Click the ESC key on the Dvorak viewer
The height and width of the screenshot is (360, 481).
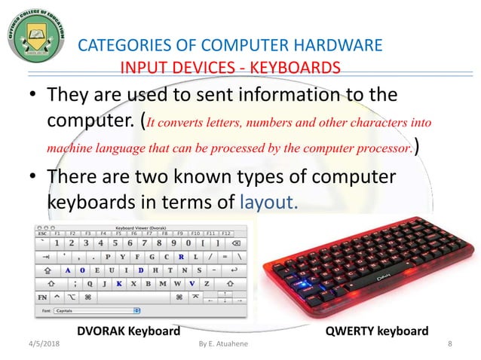coord(43,233)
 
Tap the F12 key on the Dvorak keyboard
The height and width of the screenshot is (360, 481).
coord(225,233)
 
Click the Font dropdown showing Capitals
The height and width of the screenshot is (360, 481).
coord(97,310)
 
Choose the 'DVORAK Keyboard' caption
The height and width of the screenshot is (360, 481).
coord(129,331)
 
